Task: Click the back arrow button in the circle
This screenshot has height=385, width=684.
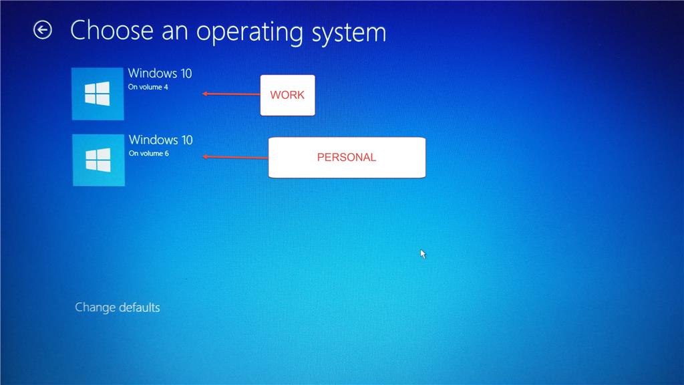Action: (43, 30)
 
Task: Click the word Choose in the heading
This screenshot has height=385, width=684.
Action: (112, 31)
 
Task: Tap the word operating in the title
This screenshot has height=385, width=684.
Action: (250, 33)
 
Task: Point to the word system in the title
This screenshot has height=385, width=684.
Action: (349, 33)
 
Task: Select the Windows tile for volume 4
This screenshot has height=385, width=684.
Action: (98, 94)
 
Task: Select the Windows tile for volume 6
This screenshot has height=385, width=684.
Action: (99, 160)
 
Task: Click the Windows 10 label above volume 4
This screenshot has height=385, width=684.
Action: (160, 74)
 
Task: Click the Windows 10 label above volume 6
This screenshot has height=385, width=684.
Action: (160, 140)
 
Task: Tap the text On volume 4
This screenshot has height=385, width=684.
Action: (148, 87)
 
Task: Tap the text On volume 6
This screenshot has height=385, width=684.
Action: (149, 153)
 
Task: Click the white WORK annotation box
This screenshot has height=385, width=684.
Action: (287, 95)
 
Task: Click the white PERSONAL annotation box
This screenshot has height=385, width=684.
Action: (347, 158)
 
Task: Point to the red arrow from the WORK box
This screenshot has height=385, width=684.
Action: (231, 94)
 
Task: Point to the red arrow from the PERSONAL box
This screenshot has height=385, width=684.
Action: (236, 157)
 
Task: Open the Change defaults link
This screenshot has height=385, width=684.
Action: (118, 307)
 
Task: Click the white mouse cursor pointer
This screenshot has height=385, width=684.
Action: (423, 253)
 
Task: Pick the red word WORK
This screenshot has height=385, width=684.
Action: (287, 95)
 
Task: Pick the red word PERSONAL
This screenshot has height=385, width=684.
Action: (347, 158)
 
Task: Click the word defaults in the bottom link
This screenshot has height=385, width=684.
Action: (139, 307)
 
